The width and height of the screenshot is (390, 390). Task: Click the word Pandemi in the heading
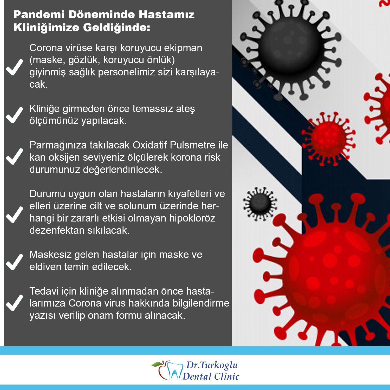pyautogui.click(x=39, y=15)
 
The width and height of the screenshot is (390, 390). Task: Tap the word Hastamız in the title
pyautogui.click(x=167, y=15)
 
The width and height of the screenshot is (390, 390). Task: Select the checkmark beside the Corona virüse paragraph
pyautogui.click(x=15, y=67)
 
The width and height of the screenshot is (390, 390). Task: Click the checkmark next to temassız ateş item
pyautogui.click(x=15, y=115)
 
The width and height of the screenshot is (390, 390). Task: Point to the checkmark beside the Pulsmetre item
pyautogui.click(x=15, y=156)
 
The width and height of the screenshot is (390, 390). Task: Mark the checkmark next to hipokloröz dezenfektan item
pyautogui.click(x=15, y=214)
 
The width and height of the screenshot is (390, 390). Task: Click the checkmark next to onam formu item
pyautogui.click(x=15, y=303)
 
